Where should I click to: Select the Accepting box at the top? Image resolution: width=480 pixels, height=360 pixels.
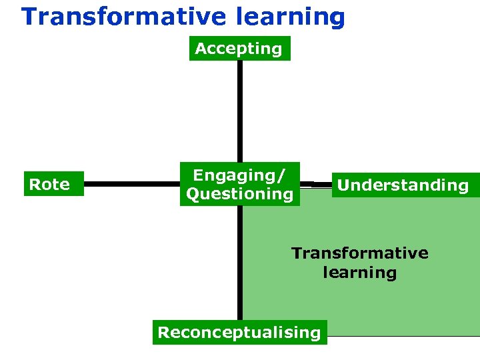click(239, 49)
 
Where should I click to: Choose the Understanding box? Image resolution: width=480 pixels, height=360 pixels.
click(403, 185)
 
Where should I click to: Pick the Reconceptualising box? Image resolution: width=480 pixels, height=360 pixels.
click(239, 332)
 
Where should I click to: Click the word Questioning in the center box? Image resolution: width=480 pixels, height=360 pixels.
click(239, 194)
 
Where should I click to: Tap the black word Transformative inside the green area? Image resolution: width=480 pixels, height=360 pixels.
click(359, 253)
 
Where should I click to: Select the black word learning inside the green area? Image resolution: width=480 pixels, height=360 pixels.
click(359, 273)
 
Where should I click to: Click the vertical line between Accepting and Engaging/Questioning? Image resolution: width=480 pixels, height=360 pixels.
click(239, 111)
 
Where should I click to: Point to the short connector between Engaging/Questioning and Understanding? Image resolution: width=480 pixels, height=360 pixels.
click(315, 183)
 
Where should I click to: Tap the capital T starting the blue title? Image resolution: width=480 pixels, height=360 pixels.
click(29, 17)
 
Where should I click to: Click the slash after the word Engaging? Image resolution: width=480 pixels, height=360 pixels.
click(282, 176)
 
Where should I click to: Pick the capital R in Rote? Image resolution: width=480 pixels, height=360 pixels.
click(33, 184)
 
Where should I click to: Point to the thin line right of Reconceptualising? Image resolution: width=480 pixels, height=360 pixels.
click(403, 336)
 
